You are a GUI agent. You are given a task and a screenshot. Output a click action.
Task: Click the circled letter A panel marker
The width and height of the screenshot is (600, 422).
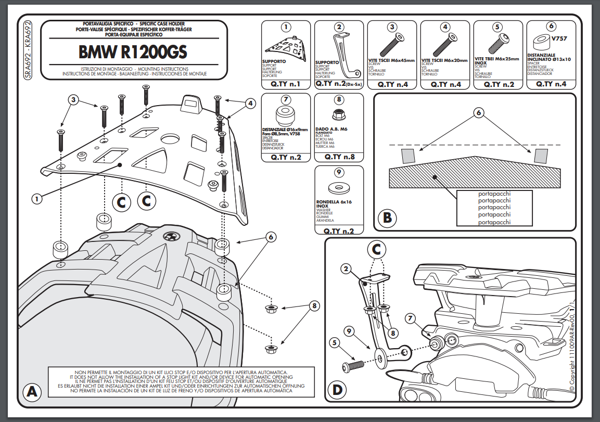pyautogui.click(x=31, y=392)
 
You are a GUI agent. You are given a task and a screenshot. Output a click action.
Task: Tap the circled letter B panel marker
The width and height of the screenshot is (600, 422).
pyautogui.click(x=387, y=217)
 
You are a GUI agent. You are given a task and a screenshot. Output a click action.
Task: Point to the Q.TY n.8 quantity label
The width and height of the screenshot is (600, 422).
pyautogui.click(x=339, y=157)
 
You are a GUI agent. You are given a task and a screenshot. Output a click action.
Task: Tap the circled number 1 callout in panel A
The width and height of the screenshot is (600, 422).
pyautogui.click(x=36, y=198)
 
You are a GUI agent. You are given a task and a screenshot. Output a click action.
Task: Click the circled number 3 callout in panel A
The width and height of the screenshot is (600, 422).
pyautogui.click(x=74, y=100)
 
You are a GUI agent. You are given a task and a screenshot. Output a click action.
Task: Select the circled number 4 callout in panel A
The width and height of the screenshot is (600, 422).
pyautogui.click(x=250, y=104)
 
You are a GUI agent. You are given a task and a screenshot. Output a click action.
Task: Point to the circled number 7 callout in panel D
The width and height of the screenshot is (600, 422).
pyautogui.click(x=410, y=317)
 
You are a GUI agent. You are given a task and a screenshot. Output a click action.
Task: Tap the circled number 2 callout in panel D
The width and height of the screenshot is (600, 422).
pyautogui.click(x=344, y=268)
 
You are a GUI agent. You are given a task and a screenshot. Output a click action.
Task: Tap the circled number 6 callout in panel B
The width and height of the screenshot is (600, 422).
pyautogui.click(x=479, y=112)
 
